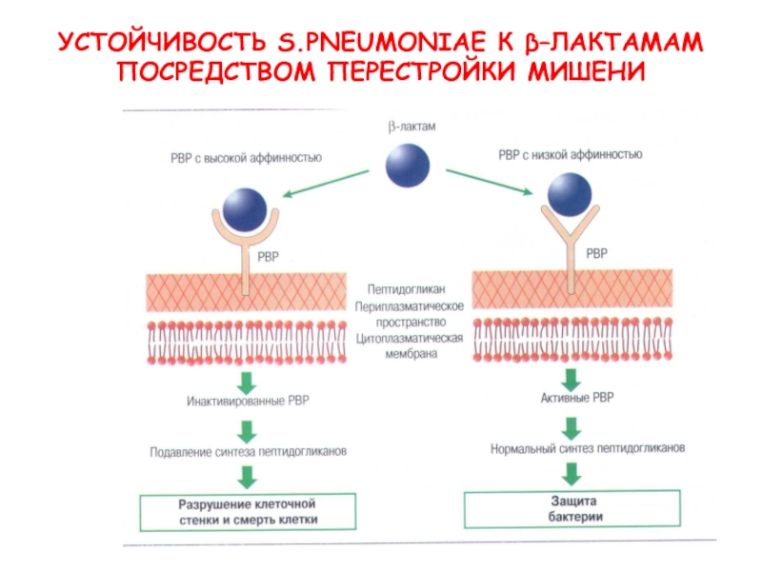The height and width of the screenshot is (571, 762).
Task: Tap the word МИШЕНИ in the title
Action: [587, 71]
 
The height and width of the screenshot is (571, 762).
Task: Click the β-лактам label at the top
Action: [411, 127]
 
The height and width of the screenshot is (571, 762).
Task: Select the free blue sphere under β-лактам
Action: [408, 166]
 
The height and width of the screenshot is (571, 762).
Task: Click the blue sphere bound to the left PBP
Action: [245, 209]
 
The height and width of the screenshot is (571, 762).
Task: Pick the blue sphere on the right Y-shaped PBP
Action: [570, 195]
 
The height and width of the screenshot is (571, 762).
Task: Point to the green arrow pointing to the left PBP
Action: [326, 183]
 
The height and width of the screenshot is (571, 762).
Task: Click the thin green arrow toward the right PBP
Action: [490, 182]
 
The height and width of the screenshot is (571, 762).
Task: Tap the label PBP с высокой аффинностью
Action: [246, 158]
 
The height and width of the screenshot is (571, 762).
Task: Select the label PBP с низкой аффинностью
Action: [570, 155]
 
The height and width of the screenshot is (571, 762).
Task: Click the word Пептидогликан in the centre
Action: [407, 289]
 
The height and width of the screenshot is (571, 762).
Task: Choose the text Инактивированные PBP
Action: [248, 401]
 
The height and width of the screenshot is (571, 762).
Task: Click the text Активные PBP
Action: [577, 398]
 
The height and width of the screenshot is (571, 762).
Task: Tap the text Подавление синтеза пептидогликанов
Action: [248, 452]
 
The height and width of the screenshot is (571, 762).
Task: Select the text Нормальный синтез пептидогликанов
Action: [588, 448]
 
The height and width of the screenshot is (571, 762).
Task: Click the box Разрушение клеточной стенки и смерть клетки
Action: [248, 512]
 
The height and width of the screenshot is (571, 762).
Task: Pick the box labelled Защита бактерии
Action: [572, 508]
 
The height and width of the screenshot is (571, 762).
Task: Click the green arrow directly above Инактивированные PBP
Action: [247, 383]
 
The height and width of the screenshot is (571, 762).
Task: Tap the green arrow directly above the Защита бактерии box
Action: [571, 473]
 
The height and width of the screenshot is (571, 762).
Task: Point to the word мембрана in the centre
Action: [411, 354]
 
